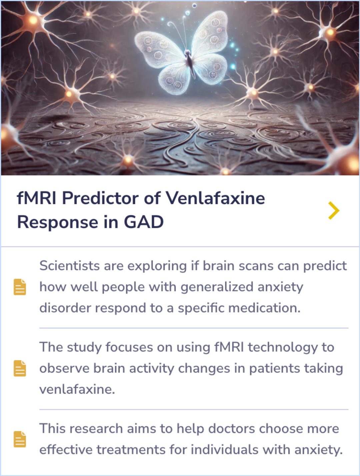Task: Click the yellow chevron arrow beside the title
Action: point(333,210)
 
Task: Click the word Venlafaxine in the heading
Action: point(215,198)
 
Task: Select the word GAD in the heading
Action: point(144,222)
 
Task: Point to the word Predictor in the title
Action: point(100,198)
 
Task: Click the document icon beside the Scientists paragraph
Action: point(20,287)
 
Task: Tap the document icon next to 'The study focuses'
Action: point(20,368)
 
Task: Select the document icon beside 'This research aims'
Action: point(20,439)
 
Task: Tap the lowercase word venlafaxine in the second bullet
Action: point(77,389)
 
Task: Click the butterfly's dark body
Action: point(190,62)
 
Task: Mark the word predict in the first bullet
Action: point(325,266)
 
